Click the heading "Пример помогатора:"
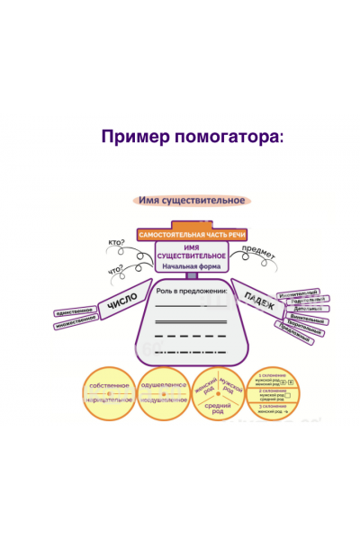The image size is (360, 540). click(193, 137)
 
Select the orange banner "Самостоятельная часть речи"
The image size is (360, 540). click(191, 234)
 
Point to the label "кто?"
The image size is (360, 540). click(116, 243)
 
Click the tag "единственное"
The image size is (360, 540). click(76, 310)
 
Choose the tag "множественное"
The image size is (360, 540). click(76, 325)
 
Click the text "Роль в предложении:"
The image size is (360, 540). click(191, 292)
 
